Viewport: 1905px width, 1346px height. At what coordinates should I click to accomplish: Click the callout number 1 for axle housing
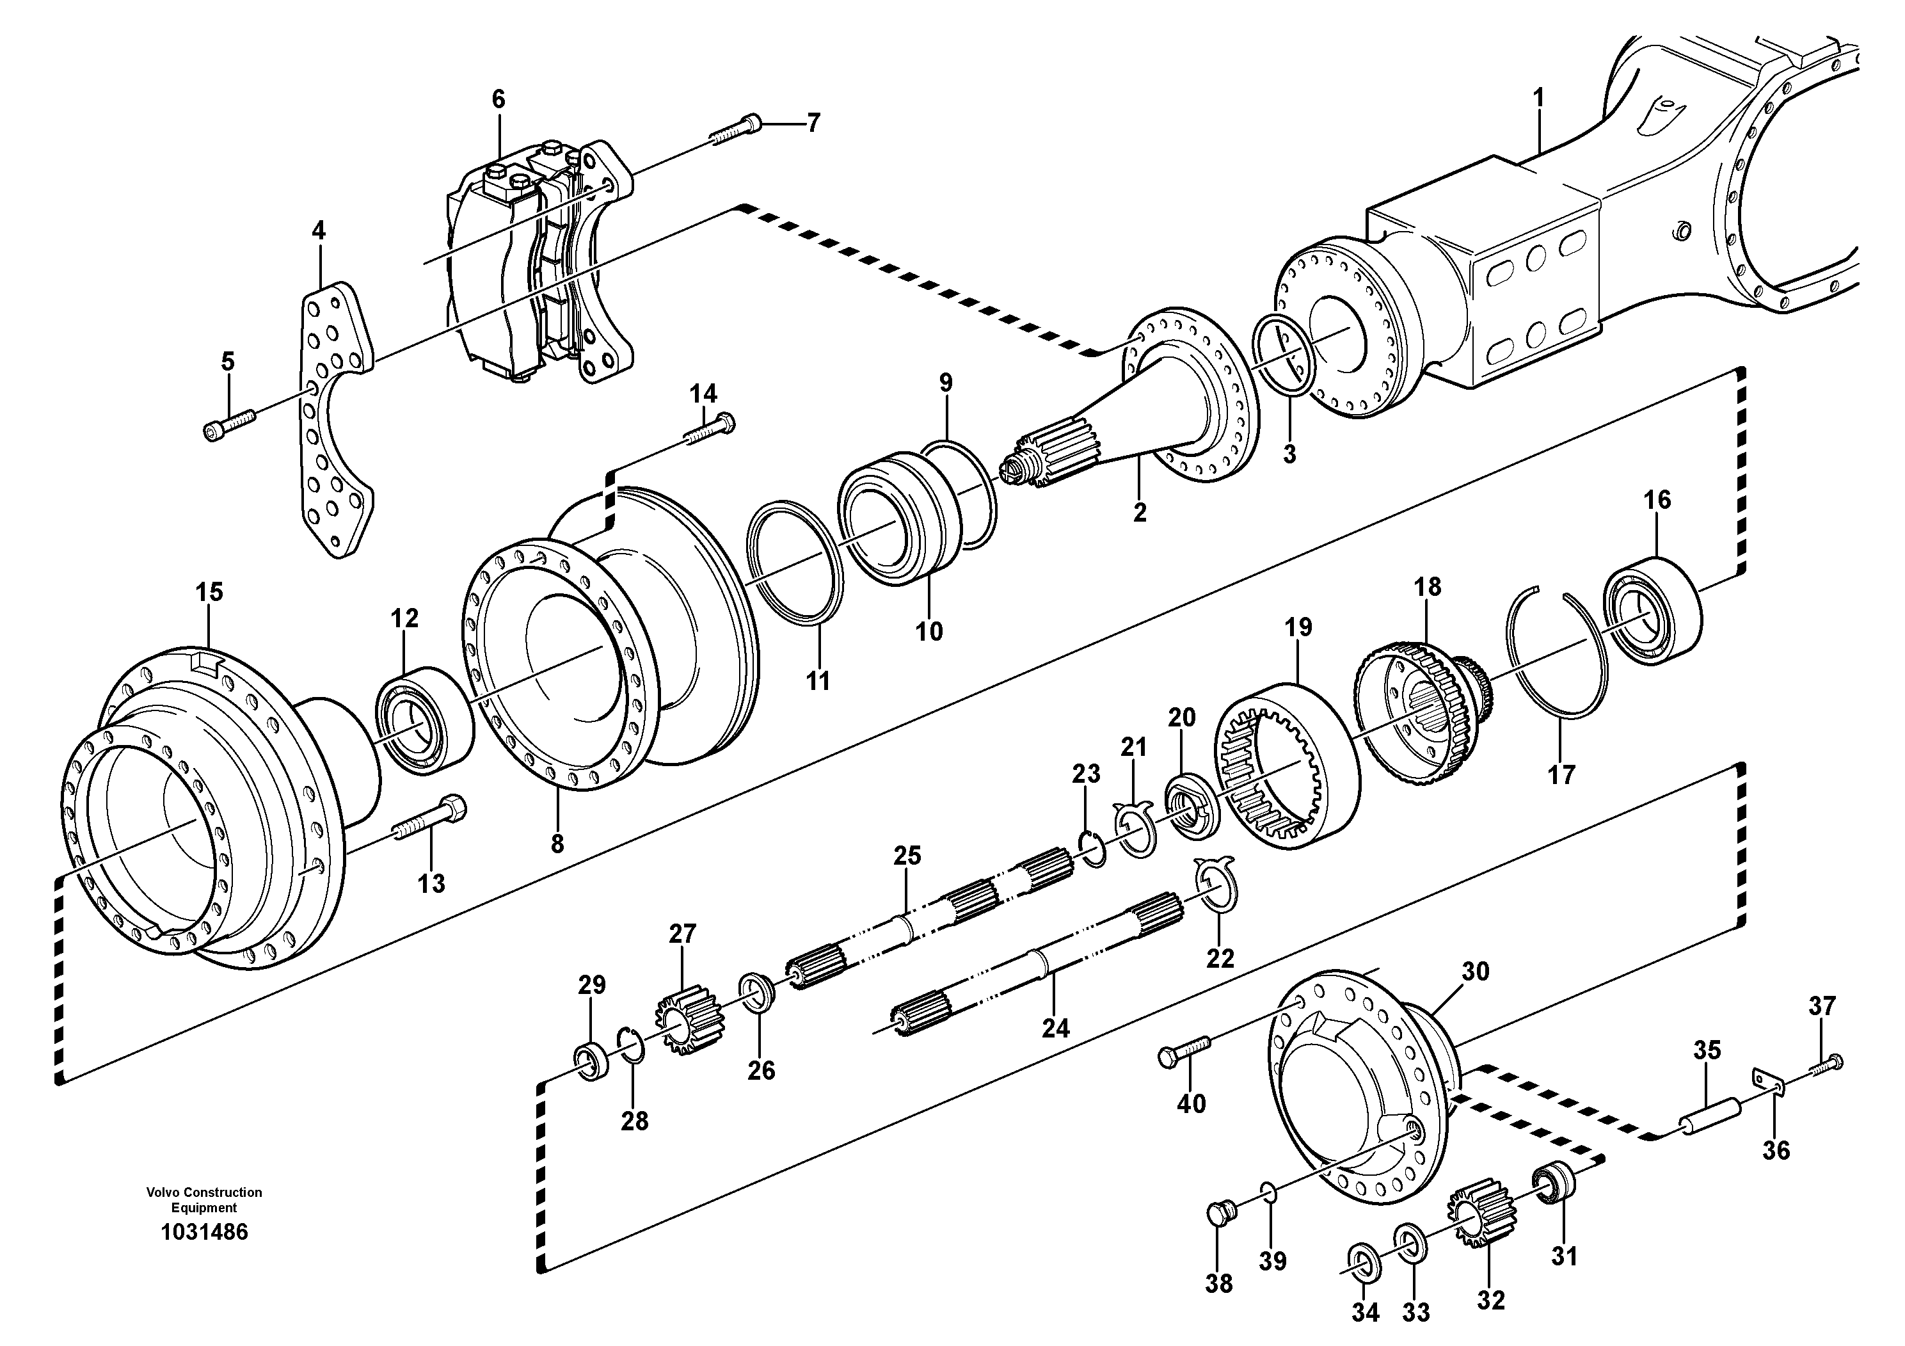1538,99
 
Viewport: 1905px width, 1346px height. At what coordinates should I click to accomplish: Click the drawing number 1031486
204,1231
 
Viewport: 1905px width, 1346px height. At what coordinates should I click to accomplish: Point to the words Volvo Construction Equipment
204,1200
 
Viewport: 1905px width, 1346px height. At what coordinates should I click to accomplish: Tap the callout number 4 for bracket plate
319,230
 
